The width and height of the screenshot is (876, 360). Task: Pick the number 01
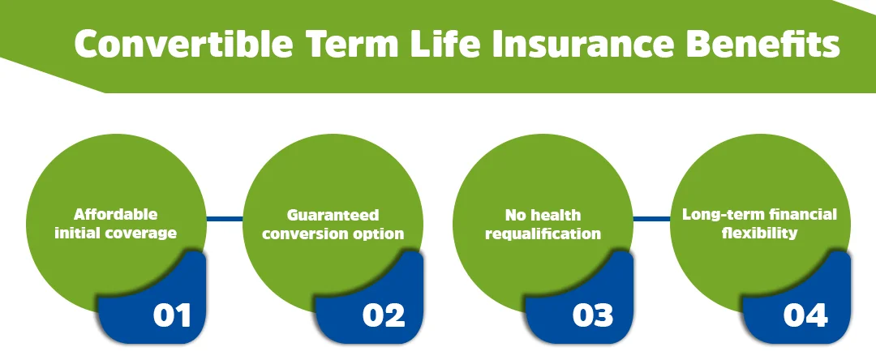[x=172, y=315]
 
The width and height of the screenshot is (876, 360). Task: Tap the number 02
[x=384, y=315]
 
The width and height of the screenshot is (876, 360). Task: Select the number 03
[x=593, y=315]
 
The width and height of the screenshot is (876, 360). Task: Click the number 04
[x=805, y=315]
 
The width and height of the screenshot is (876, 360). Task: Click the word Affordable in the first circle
[x=115, y=215]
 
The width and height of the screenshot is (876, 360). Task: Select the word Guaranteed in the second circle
[x=333, y=216]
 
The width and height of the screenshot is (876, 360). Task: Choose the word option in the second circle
[x=382, y=234]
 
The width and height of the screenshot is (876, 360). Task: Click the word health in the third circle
[x=556, y=216]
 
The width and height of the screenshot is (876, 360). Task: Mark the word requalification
[x=543, y=234]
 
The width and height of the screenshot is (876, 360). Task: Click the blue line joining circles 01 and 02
[x=225, y=218]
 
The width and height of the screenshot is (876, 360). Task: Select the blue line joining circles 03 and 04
[x=651, y=218]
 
